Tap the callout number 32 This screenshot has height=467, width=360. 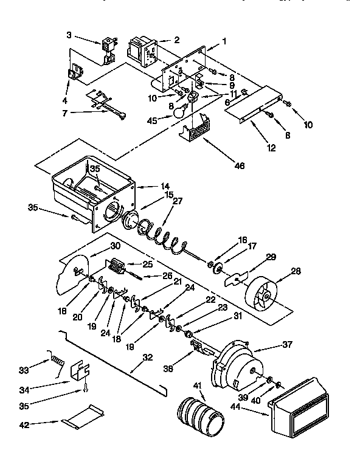point(147,358)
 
